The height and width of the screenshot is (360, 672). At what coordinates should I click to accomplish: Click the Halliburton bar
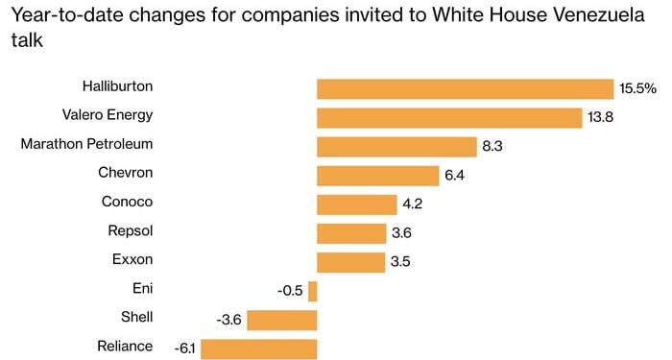(465, 88)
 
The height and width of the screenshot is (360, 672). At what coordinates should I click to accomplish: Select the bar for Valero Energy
(449, 117)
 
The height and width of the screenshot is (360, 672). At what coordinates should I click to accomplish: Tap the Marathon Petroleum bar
(396, 146)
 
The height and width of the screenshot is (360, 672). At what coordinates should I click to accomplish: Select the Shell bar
(282, 319)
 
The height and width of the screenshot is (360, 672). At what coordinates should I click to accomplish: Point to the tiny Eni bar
(312, 290)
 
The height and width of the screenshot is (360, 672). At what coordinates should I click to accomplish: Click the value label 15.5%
(637, 88)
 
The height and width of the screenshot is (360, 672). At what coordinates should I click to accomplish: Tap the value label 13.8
(601, 117)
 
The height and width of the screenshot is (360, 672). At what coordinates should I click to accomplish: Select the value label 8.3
(493, 146)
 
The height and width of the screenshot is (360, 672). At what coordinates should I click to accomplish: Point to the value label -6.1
(185, 348)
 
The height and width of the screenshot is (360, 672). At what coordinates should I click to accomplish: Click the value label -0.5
(290, 290)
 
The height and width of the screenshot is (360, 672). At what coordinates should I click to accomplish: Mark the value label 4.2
(414, 204)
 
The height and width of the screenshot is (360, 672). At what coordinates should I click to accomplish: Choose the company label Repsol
(131, 230)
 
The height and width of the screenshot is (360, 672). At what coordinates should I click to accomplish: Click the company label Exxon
(132, 259)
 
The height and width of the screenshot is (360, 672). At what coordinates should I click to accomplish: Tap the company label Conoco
(128, 202)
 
